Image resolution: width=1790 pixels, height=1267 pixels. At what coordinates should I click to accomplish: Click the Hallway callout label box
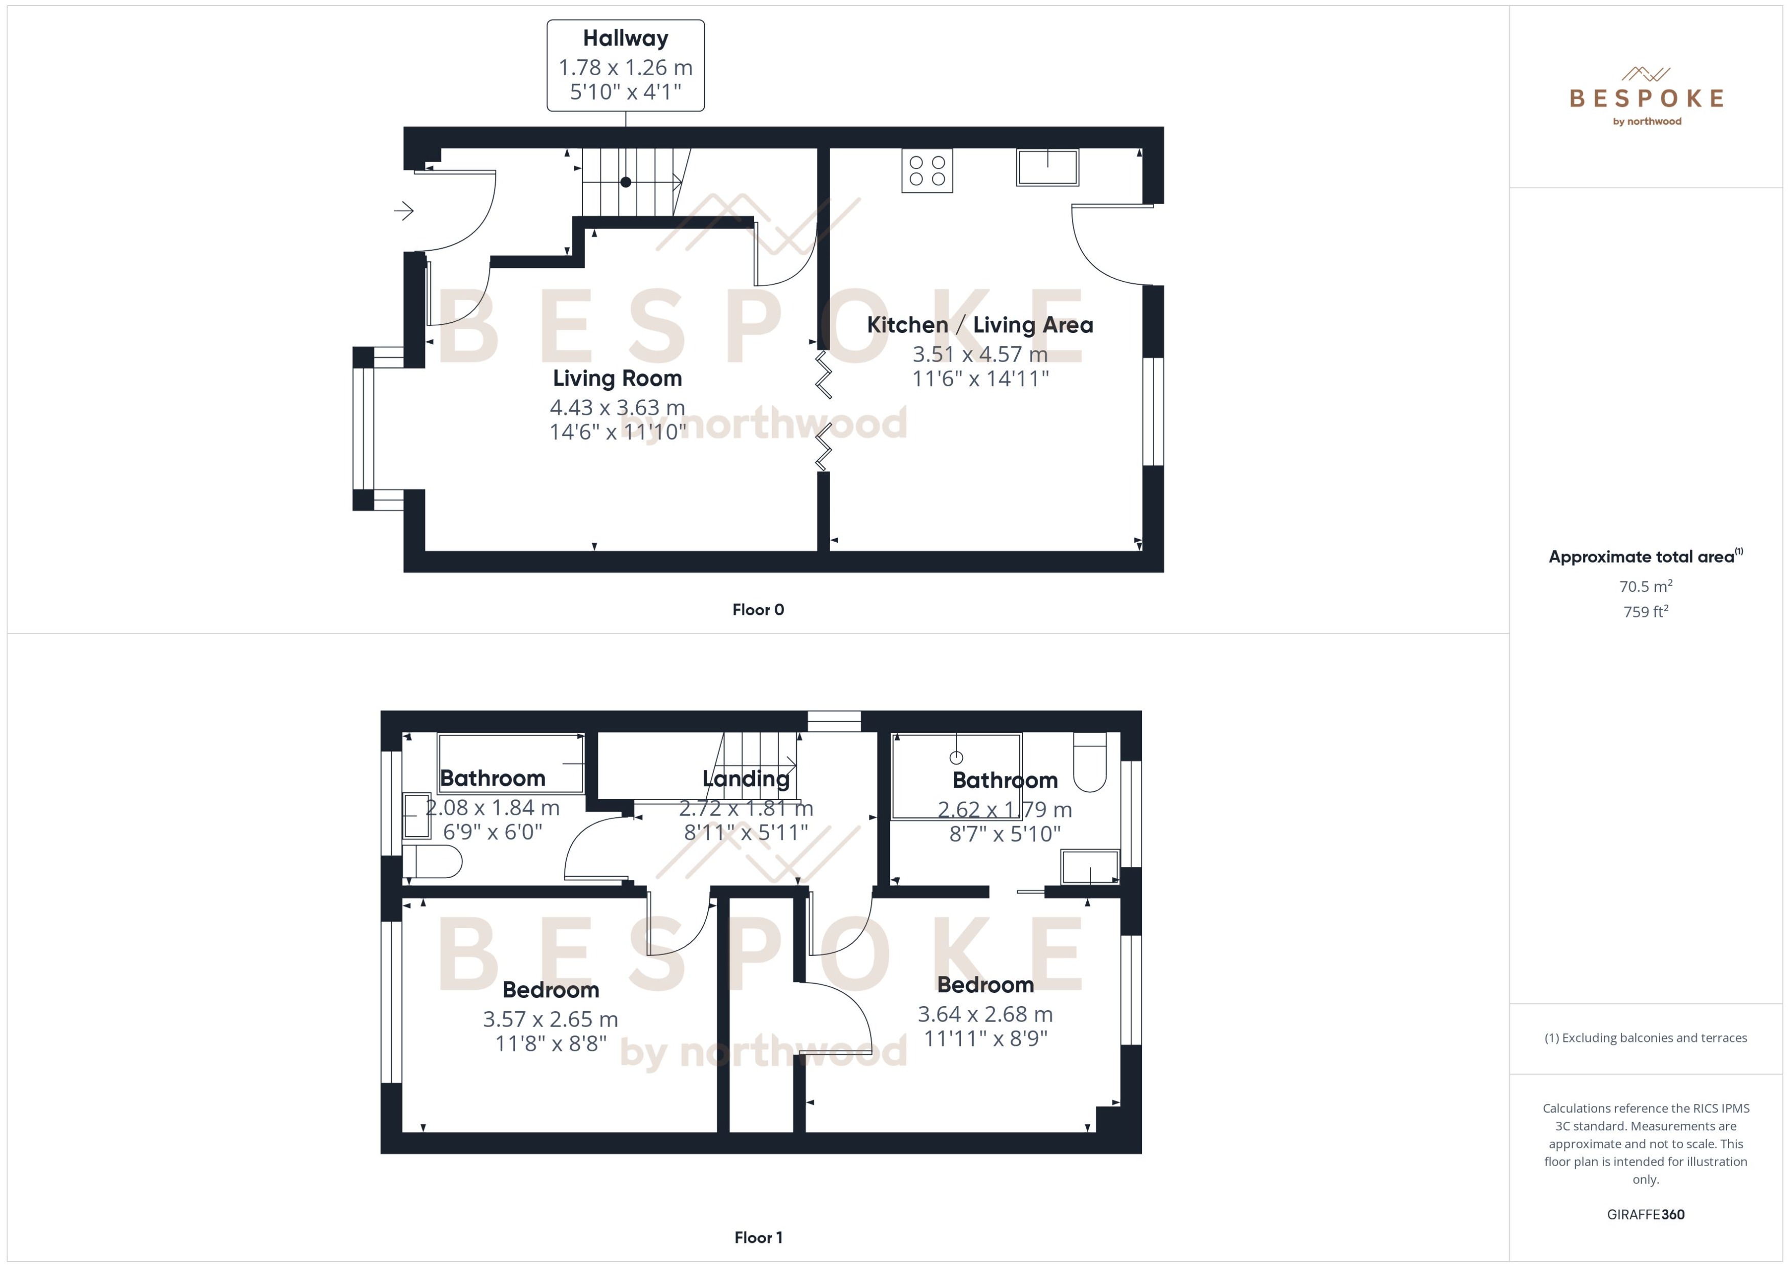(x=625, y=65)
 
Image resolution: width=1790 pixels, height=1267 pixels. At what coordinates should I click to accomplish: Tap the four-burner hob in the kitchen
(x=927, y=171)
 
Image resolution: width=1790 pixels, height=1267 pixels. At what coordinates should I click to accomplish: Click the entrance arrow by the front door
(x=403, y=211)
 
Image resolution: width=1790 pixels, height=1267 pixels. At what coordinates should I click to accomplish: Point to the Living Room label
(x=617, y=379)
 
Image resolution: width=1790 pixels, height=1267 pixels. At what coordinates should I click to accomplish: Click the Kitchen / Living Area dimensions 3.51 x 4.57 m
(x=979, y=354)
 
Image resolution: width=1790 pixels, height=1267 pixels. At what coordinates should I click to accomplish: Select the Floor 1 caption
(x=757, y=1237)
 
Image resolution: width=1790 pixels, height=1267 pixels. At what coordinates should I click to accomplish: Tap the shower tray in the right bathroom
(x=956, y=776)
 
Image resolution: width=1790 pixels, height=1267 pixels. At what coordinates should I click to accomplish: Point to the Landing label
(x=746, y=779)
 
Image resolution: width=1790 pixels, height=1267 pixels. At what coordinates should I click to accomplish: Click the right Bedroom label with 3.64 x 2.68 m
(x=985, y=985)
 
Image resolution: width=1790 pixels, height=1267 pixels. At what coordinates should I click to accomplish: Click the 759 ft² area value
(x=1645, y=612)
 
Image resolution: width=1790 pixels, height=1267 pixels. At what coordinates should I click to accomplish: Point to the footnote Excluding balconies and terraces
(x=1645, y=1038)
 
